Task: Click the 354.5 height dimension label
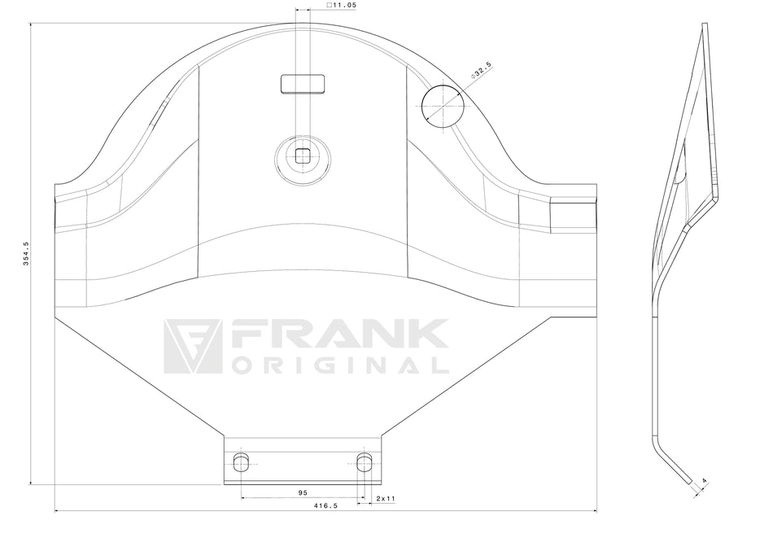click(26, 253)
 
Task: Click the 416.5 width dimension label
click(325, 505)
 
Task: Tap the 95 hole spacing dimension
click(303, 492)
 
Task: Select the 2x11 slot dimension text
click(386, 498)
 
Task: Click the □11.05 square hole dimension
click(341, 5)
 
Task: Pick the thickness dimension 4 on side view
click(704, 480)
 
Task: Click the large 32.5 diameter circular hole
click(443, 106)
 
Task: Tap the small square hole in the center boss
click(302, 155)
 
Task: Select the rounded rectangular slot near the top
click(303, 83)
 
